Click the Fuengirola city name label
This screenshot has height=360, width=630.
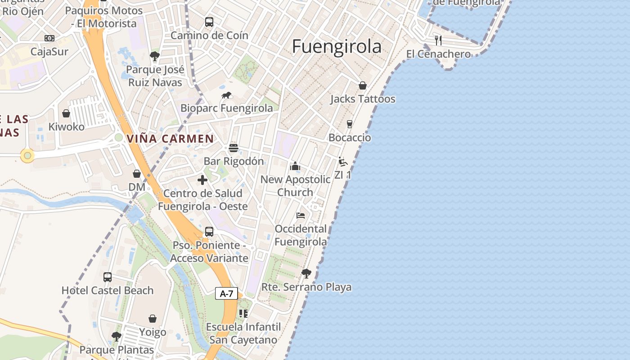point(337,47)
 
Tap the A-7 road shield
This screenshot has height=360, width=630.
point(226,294)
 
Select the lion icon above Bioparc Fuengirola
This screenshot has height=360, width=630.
point(226,95)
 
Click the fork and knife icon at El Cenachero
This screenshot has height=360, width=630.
point(438,40)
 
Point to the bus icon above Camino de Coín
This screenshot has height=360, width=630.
point(209,22)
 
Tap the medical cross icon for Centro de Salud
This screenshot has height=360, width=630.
point(202,180)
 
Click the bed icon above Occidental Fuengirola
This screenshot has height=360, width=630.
point(301,216)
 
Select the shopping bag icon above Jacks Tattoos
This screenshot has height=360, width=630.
point(363,85)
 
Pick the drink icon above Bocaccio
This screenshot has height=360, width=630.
point(350,124)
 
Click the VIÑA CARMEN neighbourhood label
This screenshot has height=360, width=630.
point(170,139)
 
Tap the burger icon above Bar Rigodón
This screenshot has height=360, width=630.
point(233,148)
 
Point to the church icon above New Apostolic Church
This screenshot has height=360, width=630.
point(295,166)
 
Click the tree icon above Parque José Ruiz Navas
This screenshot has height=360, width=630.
point(155,56)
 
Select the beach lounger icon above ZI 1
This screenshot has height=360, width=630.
point(343,162)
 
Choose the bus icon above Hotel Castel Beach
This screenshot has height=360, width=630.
point(108,277)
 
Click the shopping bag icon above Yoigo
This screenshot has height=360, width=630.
point(153,319)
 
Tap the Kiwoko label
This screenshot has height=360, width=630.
point(67,127)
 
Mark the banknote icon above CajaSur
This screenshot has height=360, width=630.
point(49,38)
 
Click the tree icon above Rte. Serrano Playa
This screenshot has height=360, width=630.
point(306,274)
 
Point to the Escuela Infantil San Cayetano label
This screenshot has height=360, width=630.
point(243,333)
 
